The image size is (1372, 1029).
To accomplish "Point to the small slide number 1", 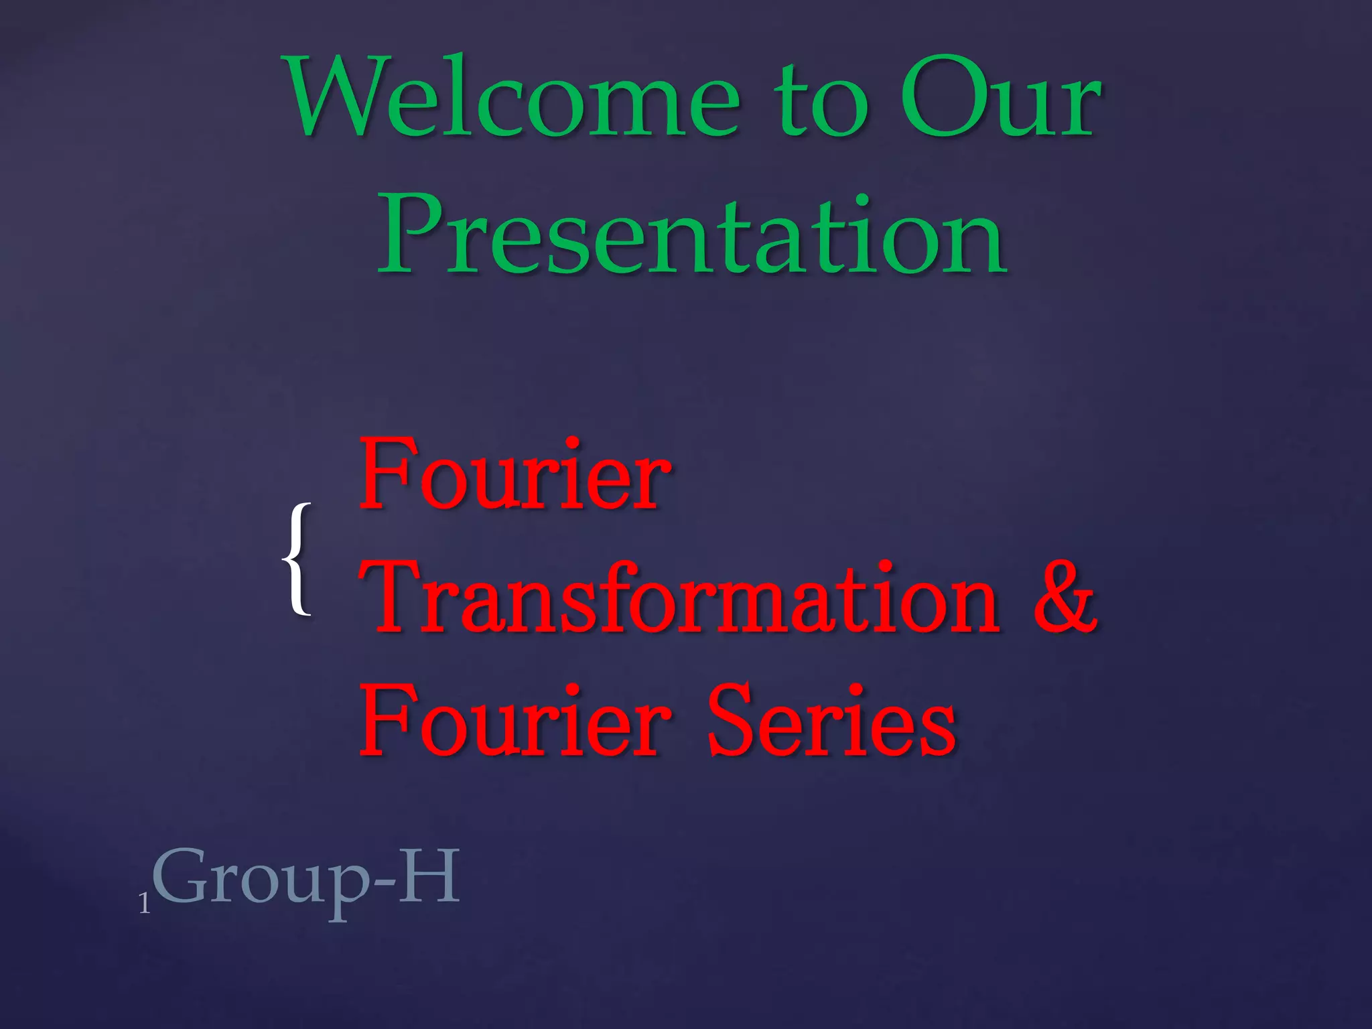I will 144,904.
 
